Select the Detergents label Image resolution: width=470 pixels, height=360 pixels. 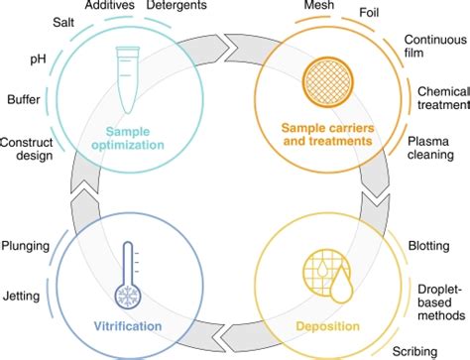point(176,7)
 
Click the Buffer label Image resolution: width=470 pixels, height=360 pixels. point(23,100)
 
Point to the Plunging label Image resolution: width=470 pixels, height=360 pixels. point(27,244)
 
